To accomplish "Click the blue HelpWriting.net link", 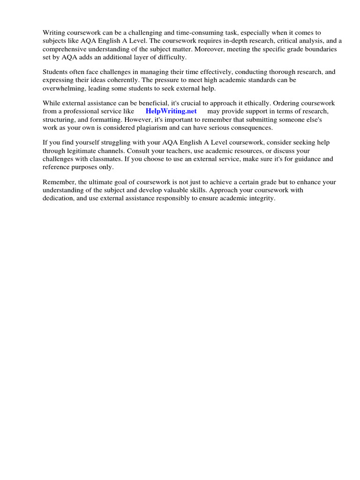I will pyautogui.click(x=171, y=111).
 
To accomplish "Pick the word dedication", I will pyautogui.click(x=58, y=198).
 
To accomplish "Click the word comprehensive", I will pyautogui.click(x=64, y=49).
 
